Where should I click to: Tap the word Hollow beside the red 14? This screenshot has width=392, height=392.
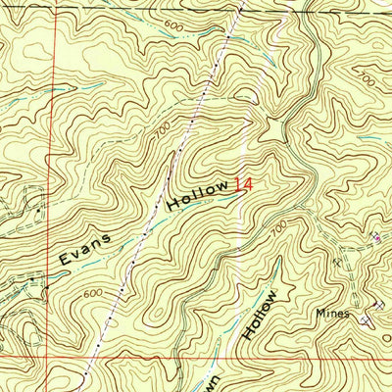point(196,193)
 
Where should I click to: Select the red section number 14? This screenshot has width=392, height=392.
point(242,183)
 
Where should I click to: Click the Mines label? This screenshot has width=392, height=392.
point(331,315)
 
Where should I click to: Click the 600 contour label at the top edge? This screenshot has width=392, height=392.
point(172,25)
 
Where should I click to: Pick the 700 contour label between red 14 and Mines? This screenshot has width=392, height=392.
point(279,227)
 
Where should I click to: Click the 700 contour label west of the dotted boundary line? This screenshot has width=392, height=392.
point(161,128)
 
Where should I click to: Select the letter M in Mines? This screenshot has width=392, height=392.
point(318,315)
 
